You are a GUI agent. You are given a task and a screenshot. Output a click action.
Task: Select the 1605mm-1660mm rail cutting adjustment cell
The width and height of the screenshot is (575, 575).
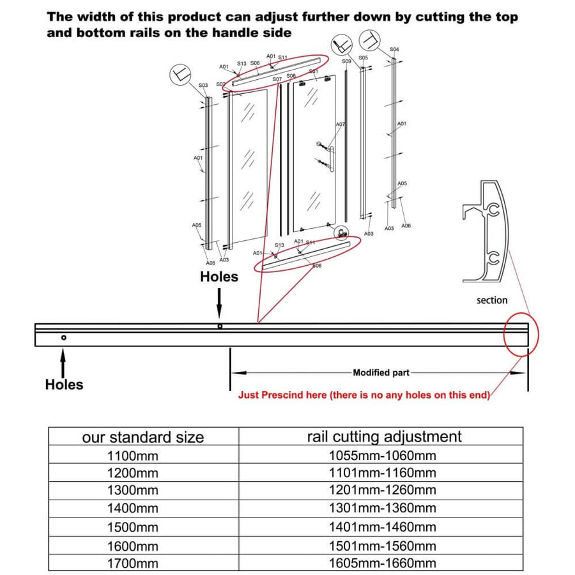[382, 563]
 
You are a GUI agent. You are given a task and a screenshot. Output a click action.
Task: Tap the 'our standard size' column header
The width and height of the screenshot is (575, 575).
[143, 437]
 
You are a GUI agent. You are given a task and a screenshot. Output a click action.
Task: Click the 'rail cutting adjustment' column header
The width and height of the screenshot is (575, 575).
[384, 436]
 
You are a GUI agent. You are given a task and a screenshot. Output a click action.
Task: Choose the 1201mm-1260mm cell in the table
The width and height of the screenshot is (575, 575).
[382, 491]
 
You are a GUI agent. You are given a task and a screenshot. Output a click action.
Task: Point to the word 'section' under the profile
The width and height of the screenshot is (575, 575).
[492, 300]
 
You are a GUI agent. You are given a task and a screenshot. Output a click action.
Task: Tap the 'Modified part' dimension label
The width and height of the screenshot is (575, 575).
[381, 372]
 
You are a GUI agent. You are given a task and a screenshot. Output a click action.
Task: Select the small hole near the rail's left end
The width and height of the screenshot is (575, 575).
[63, 337]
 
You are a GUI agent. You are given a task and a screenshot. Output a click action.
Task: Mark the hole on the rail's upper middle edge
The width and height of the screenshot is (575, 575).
[220, 326]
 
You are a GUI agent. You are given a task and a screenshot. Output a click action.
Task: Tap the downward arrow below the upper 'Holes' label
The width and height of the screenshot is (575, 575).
[219, 302]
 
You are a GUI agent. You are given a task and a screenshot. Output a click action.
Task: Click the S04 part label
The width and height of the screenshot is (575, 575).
[394, 49]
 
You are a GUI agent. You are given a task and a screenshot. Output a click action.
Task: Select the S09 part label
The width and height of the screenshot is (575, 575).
[346, 61]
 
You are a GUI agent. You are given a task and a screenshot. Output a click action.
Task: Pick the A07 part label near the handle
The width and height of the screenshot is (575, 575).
[341, 125]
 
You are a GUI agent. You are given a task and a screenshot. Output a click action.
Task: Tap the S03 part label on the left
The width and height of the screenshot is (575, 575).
[203, 85]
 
